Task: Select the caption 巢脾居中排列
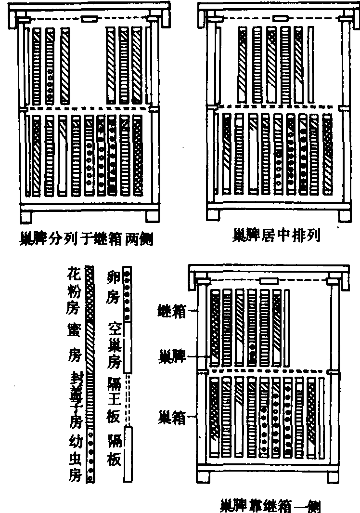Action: pos(276,236)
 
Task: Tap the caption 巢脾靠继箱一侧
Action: pos(270,506)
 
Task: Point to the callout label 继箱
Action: pos(171,312)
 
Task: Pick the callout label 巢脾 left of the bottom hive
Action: pos(171,357)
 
